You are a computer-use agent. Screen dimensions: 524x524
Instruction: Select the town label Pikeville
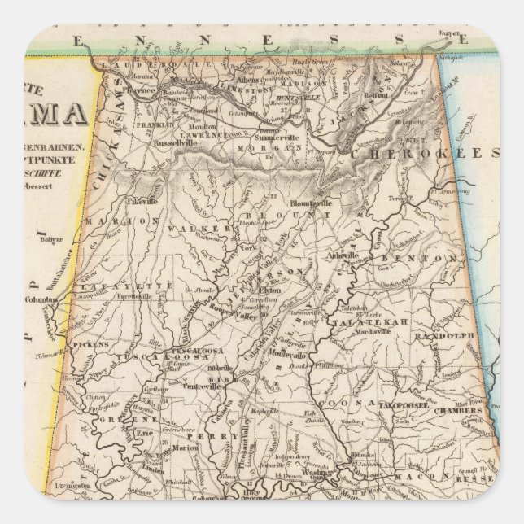point(142,199)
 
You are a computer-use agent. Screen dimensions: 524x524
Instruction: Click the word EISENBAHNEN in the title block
point(56,148)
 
